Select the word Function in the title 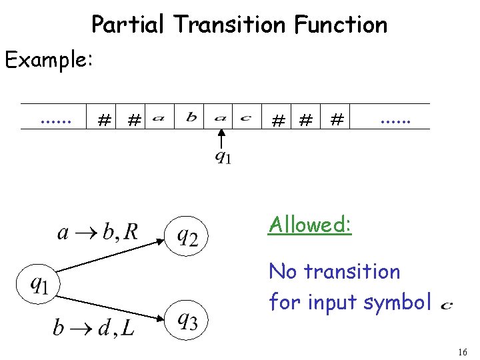[x=340, y=25]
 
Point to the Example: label [x=49, y=60]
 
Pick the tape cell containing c [x=246, y=118]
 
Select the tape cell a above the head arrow [x=220, y=118]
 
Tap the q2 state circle [x=187, y=235]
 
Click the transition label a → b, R [x=98, y=231]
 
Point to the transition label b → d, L [x=93, y=327]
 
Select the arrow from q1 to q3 [x=113, y=303]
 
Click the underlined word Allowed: [x=309, y=225]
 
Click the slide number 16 [x=463, y=351]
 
